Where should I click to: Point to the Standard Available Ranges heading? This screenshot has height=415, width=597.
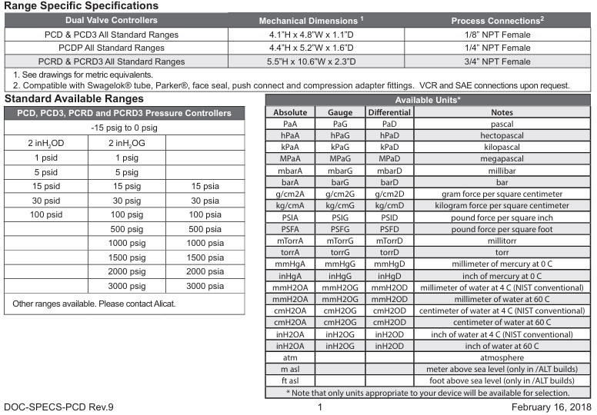coord(74,98)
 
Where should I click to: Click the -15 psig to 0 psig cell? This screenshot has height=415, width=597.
coord(125,127)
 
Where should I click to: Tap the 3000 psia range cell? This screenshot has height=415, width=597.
coord(205,286)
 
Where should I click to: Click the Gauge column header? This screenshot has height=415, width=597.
coord(340,112)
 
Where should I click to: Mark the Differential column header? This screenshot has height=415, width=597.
coord(389,112)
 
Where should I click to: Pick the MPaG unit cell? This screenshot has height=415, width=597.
coord(340,158)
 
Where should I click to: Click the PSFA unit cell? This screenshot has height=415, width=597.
coord(290,228)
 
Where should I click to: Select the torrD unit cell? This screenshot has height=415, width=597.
coord(389,251)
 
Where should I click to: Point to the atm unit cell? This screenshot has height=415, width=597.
coord(290,357)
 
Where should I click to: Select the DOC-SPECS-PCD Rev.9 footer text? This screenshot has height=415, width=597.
coord(58,406)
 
